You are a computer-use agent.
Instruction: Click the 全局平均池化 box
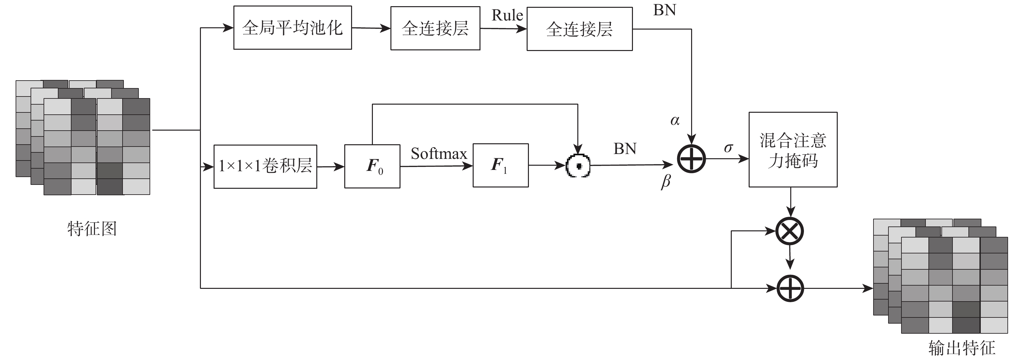[292, 28]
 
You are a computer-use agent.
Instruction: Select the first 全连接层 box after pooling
[435, 28]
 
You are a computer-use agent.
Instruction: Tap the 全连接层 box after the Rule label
[579, 29]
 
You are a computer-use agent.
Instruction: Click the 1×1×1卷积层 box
[265, 166]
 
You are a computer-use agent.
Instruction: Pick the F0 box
[372, 166]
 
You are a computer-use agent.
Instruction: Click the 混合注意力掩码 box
[793, 150]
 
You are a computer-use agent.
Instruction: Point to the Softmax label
[439, 154]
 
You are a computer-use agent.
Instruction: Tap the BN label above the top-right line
[664, 10]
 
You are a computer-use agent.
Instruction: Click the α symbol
[675, 121]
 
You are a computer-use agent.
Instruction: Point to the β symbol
[666, 182]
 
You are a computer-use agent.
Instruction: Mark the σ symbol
[728, 148]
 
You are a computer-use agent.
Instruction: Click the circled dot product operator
[578, 165]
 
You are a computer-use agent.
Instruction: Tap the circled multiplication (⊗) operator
[790, 231]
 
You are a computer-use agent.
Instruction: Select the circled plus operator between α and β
[691, 159]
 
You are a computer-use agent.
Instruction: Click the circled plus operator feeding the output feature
[790, 288]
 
